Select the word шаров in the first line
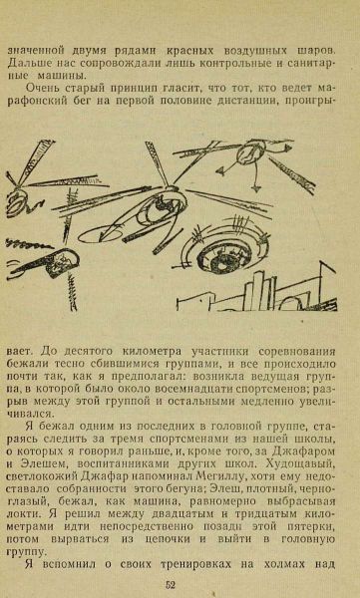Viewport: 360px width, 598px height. [315, 51]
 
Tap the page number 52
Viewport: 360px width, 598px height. [171, 585]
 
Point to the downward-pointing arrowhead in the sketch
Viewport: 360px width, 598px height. [256, 187]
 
